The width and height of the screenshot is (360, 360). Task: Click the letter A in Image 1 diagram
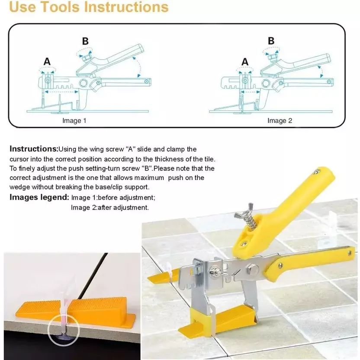(47, 61)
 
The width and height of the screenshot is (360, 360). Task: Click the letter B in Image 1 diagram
(85, 42)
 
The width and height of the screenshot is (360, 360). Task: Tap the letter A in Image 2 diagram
(245, 62)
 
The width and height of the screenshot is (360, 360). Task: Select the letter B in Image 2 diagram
(271, 41)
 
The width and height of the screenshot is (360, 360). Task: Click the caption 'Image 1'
(74, 121)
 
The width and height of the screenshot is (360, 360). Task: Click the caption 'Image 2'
(280, 121)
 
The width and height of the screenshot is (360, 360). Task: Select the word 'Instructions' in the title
(126, 7)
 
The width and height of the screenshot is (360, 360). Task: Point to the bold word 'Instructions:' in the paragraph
(34, 149)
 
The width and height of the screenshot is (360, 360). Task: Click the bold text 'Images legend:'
(39, 197)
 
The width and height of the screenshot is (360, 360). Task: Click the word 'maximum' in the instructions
(149, 178)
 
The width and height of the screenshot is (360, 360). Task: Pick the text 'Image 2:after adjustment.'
(110, 208)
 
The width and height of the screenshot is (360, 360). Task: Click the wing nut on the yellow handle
(244, 211)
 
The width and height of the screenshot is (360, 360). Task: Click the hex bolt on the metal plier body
(253, 269)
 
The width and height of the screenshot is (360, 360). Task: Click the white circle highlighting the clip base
(64, 330)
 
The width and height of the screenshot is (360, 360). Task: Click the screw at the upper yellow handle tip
(318, 171)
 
